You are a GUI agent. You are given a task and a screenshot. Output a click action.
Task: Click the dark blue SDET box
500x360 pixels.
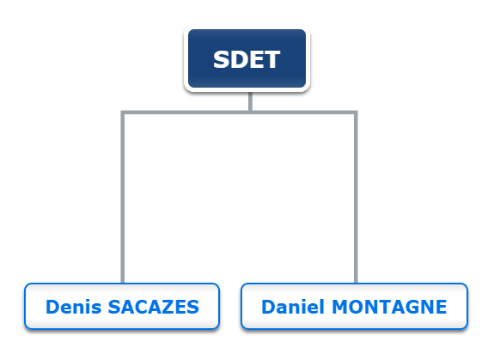click(247, 58)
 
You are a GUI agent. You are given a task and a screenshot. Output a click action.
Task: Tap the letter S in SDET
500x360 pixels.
click(221, 59)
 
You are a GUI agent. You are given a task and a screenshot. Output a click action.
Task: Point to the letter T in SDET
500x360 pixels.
click(271, 59)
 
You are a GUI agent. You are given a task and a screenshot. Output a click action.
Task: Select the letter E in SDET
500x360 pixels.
click(254, 59)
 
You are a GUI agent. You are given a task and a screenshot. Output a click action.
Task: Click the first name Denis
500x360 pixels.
click(74, 307)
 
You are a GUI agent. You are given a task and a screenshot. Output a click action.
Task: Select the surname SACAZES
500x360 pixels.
click(154, 307)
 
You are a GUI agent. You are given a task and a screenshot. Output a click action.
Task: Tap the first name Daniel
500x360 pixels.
click(293, 307)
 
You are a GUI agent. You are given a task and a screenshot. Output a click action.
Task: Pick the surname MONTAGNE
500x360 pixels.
click(389, 307)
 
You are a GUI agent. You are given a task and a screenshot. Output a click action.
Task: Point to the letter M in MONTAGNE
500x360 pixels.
click(340, 307)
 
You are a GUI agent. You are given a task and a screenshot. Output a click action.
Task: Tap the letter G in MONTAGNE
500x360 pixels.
click(411, 307)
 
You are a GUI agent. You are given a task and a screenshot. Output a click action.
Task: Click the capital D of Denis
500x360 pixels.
click(53, 307)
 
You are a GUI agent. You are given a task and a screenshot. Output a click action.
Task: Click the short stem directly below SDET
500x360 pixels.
click(250, 101)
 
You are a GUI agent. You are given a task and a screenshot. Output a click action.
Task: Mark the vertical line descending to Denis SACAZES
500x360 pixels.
click(123, 198)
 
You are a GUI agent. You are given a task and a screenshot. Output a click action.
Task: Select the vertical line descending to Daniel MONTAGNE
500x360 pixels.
click(356, 198)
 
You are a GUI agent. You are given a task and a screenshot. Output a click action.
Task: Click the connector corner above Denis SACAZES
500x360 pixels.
click(123, 113)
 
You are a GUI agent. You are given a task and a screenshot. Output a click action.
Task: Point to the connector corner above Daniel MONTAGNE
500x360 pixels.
click(356, 113)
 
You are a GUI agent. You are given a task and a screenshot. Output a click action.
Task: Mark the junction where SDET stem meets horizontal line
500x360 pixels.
click(250, 113)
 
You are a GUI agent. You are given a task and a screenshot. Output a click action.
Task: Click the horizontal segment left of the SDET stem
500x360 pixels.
click(186, 113)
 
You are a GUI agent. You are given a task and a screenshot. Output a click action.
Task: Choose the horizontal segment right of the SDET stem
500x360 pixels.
click(304, 113)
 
